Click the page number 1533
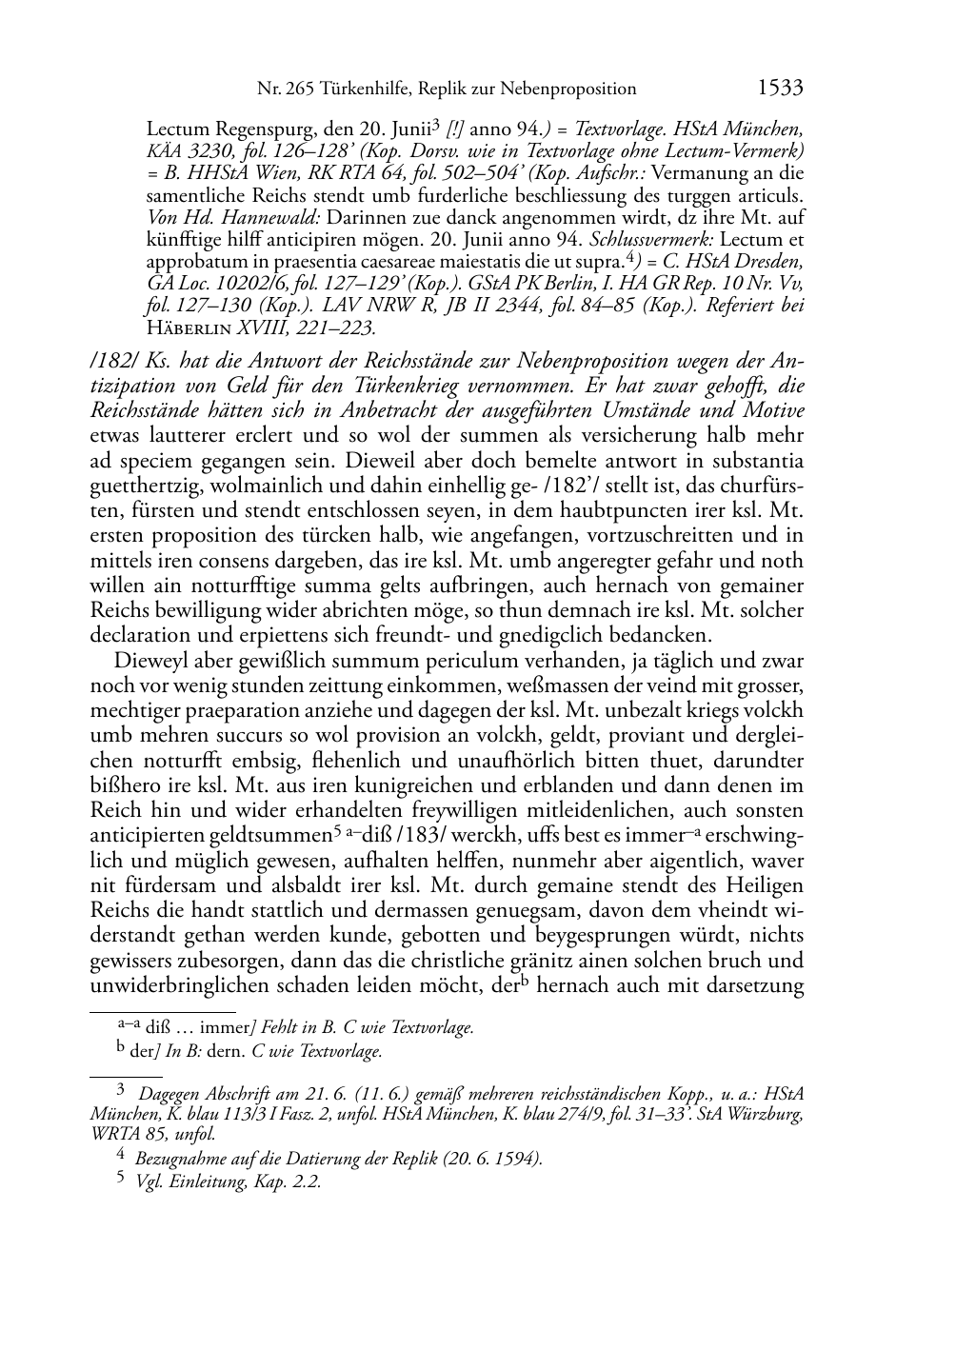point(780,89)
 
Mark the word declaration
point(141,634)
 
